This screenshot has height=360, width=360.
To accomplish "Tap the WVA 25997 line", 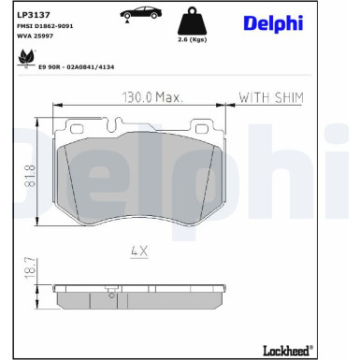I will tap(37, 38).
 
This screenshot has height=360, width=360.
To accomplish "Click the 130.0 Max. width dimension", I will tap(152, 97).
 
